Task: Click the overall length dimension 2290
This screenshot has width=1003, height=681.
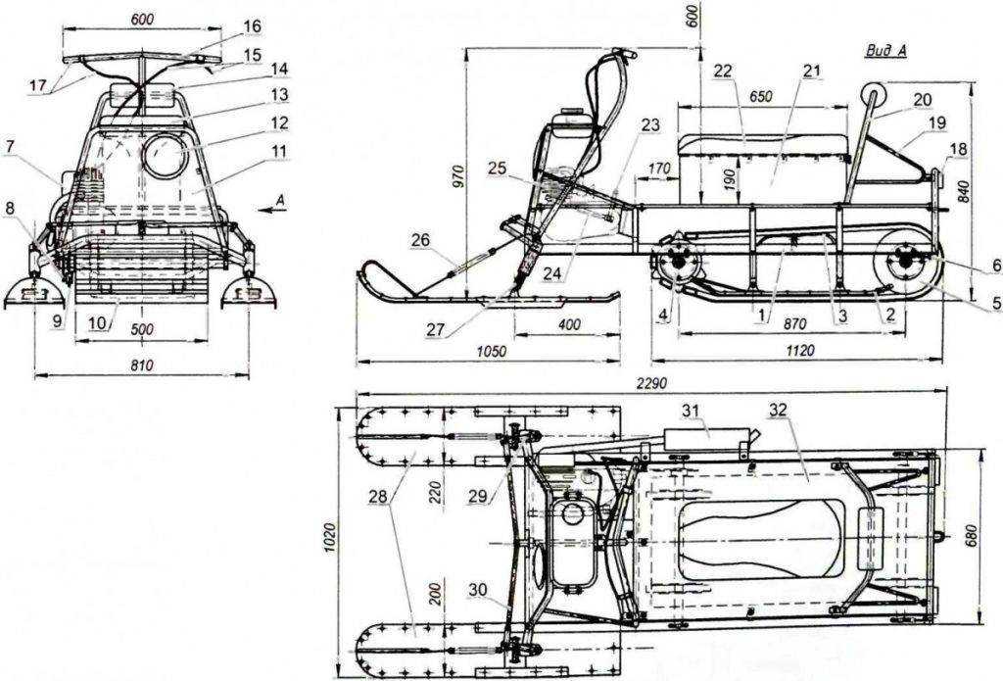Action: pyautogui.click(x=651, y=383)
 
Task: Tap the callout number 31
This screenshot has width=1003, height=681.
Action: pyautogui.click(x=691, y=411)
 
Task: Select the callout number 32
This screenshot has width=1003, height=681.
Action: pyautogui.click(x=778, y=411)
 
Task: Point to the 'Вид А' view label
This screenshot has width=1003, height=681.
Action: pyautogui.click(x=885, y=51)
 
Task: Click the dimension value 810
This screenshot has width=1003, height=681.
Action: pyautogui.click(x=142, y=365)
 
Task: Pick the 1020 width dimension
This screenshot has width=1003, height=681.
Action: pyautogui.click(x=329, y=538)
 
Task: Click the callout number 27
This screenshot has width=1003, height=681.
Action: pyautogui.click(x=436, y=330)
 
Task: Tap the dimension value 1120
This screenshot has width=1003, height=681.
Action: pyautogui.click(x=799, y=350)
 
